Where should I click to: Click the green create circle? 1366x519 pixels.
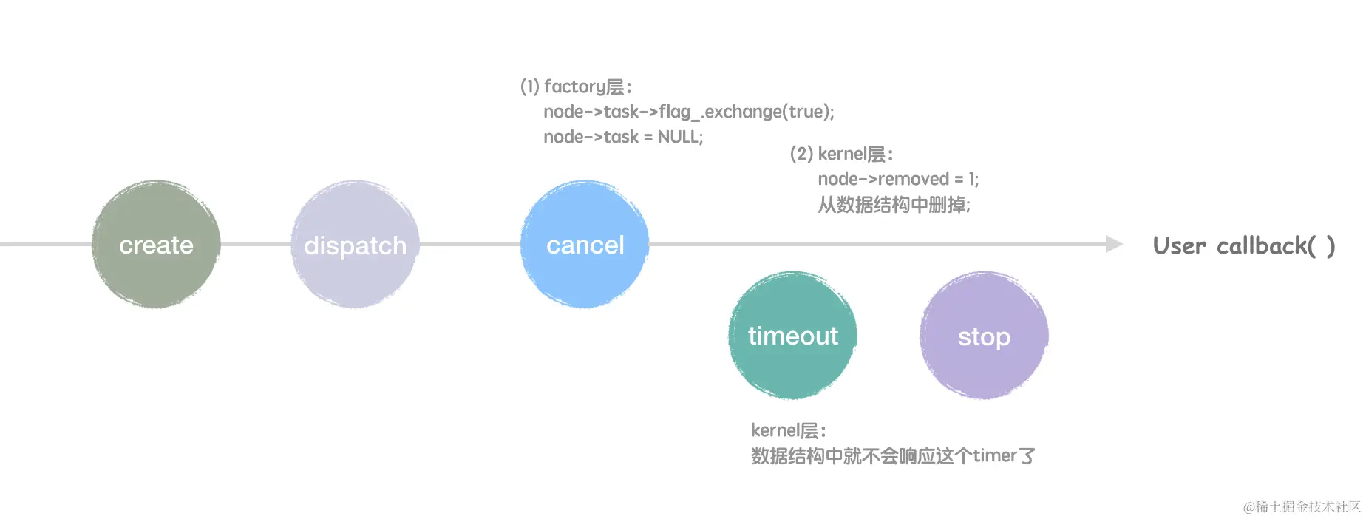click(156, 245)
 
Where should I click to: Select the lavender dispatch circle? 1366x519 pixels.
click(355, 245)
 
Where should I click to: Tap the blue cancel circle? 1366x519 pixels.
click(585, 245)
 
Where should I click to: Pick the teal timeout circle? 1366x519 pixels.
click(792, 336)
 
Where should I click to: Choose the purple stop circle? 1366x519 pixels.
click(984, 336)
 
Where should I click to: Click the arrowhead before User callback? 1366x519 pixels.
click(1114, 244)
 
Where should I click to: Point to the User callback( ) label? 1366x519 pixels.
click(1243, 245)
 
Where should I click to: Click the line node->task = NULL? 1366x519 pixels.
click(623, 137)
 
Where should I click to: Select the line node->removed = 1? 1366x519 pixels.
click(897, 179)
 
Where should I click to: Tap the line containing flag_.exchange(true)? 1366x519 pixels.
click(688, 112)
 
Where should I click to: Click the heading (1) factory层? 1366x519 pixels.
click(576, 86)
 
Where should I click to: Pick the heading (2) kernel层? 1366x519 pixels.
click(841, 154)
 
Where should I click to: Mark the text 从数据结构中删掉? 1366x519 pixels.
click(894, 204)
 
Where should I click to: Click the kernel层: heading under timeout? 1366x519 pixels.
click(788, 430)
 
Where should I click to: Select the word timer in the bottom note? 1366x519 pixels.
click(994, 455)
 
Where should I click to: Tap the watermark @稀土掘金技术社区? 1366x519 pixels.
click(1302, 506)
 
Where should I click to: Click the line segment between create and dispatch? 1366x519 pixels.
click(256, 244)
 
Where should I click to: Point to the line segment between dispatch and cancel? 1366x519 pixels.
click(470, 244)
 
